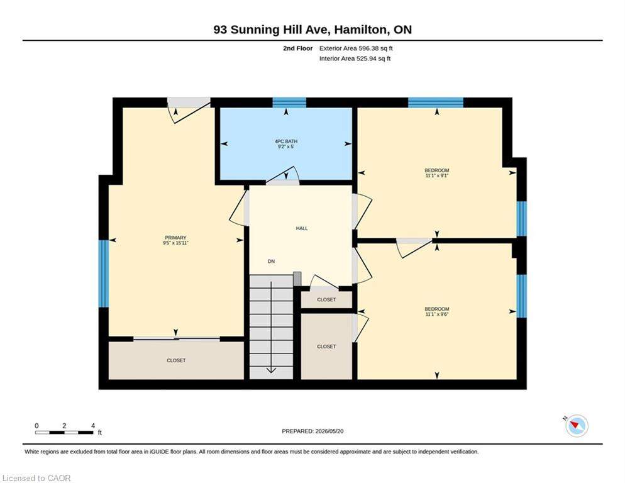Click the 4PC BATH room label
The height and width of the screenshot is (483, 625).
click(x=286, y=142)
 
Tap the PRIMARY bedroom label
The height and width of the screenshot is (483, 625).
click(x=175, y=238)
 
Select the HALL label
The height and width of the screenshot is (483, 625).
click(x=302, y=228)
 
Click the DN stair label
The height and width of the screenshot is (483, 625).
click(x=271, y=261)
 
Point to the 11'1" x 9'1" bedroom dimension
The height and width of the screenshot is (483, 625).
click(x=437, y=175)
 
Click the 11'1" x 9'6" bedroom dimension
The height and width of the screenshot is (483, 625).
click(x=437, y=314)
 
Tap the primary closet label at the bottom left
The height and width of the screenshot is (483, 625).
click(x=176, y=360)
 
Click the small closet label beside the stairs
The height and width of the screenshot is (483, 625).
click(x=326, y=299)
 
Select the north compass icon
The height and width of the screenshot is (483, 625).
click(x=577, y=426)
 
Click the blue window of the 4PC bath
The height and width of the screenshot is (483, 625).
click(x=289, y=103)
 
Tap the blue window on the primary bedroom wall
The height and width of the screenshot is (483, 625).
click(x=104, y=273)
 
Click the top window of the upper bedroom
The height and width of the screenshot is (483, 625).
click(x=436, y=103)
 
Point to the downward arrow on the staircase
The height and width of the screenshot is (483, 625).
click(x=271, y=327)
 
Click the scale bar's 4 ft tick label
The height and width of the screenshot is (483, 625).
click(x=93, y=426)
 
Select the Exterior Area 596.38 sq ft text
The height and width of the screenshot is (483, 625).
click(x=356, y=48)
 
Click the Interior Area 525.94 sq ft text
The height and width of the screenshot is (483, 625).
click(x=355, y=58)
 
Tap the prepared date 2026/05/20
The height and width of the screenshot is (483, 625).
click(x=329, y=431)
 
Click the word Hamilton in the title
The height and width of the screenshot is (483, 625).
click(x=360, y=30)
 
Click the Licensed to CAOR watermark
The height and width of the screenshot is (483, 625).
click(x=36, y=478)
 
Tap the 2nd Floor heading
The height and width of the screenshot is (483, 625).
click(x=298, y=48)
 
